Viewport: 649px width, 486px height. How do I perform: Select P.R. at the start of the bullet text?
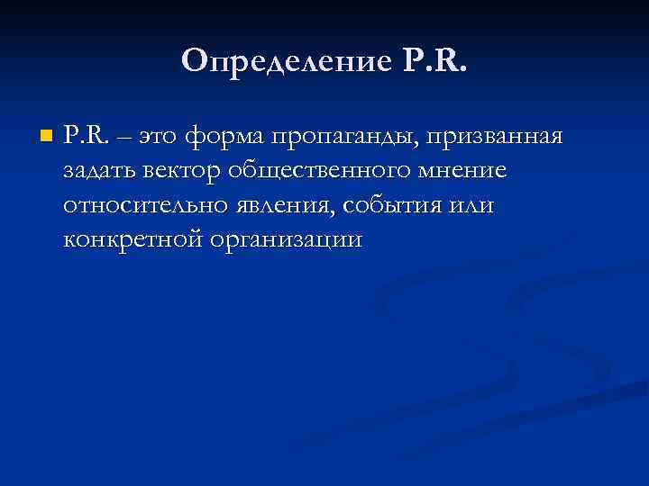pos(87,137)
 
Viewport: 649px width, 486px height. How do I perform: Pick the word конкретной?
pos(136,240)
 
